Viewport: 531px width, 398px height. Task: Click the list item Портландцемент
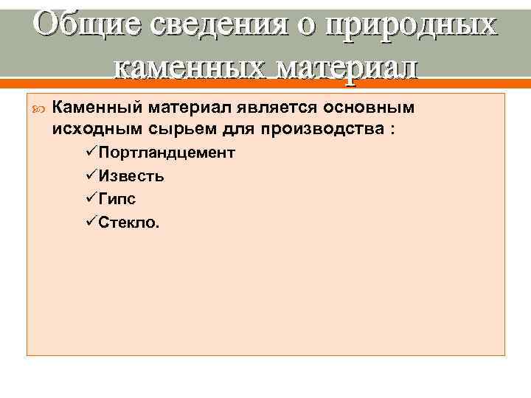pos(167,153)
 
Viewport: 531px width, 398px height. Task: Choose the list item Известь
pos(131,176)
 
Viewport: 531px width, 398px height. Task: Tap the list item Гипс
pos(117,198)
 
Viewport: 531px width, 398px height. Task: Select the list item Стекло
pos(128,221)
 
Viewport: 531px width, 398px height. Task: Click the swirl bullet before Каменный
pos(38,108)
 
